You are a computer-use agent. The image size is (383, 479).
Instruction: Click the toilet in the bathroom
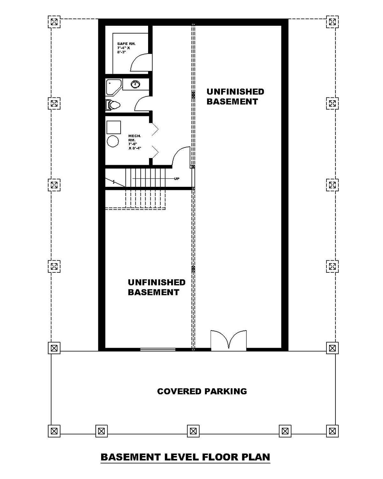click(112, 105)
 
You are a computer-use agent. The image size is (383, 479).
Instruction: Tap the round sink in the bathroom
click(136, 84)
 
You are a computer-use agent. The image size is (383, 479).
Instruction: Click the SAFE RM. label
click(126, 48)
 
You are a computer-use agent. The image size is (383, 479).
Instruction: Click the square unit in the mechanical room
click(113, 127)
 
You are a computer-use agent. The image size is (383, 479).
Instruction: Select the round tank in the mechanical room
click(113, 141)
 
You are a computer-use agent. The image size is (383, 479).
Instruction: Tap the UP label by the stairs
click(176, 179)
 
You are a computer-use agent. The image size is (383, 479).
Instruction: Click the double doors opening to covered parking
click(229, 340)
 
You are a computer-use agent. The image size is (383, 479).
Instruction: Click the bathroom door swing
click(142, 104)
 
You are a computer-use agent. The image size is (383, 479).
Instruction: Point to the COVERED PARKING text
click(202, 391)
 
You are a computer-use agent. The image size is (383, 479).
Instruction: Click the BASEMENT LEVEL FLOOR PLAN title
click(185, 457)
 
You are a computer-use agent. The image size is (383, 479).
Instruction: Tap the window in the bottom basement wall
click(158, 350)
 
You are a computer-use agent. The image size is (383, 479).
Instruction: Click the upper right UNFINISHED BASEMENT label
click(235, 96)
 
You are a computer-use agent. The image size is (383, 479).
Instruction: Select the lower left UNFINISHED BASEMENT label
click(156, 287)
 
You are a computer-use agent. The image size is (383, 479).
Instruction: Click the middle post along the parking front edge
click(193, 431)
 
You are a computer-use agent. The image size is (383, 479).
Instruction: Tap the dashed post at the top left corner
click(54, 22)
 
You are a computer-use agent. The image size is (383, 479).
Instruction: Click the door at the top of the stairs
click(181, 156)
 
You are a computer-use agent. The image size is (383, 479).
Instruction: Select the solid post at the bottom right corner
click(332, 431)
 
